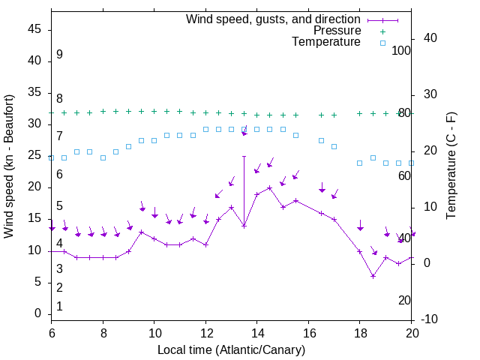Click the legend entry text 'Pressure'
point(337,31)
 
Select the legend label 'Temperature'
point(326,42)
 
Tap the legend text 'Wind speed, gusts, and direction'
point(274,19)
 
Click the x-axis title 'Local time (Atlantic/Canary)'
point(232,349)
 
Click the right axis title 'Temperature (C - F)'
point(451,166)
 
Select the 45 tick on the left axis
point(34,28)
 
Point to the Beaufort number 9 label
point(59,55)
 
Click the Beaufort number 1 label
point(59,306)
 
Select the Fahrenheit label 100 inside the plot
point(402,50)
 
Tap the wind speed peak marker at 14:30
point(270,187)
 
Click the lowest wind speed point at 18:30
point(373,276)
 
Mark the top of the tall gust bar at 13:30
point(244,157)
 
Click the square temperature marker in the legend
point(382,43)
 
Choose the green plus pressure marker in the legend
point(382,31)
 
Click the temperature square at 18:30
point(373,157)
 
